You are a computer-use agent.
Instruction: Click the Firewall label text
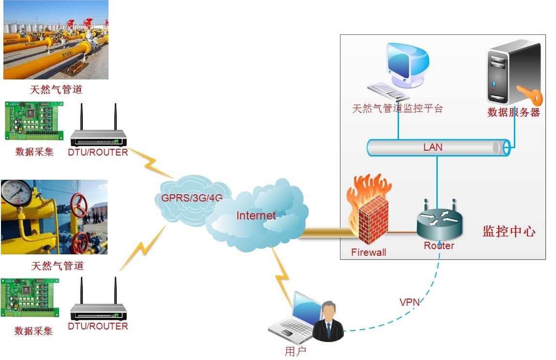pos(369,252)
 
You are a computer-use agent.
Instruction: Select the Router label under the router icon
pos(439,246)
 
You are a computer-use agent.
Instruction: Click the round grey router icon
pos(439,220)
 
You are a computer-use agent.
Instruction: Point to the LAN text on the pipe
pos(432,147)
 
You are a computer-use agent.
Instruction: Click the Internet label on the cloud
pos(256,216)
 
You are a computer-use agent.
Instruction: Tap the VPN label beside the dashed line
pos(409,302)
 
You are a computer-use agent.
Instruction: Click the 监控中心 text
pos(509,231)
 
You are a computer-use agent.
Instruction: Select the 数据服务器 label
pos(513,112)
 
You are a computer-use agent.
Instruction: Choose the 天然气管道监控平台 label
pos(397,108)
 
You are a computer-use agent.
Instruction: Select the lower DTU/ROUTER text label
pos(98,326)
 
